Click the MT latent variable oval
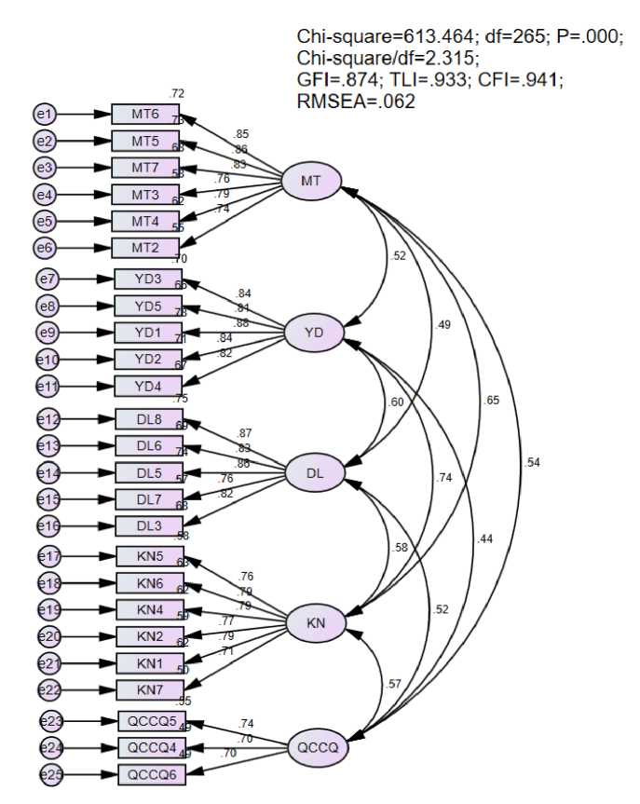click(313, 180)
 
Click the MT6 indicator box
click(144, 115)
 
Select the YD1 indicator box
click(148, 333)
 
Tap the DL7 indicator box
click(149, 498)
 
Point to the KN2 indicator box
click(149, 636)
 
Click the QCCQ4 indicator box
click(151, 747)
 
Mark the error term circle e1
click(44, 115)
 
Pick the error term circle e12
click(48, 419)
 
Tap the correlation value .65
click(491, 401)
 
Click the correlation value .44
click(484, 539)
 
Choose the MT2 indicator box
click(144, 248)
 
